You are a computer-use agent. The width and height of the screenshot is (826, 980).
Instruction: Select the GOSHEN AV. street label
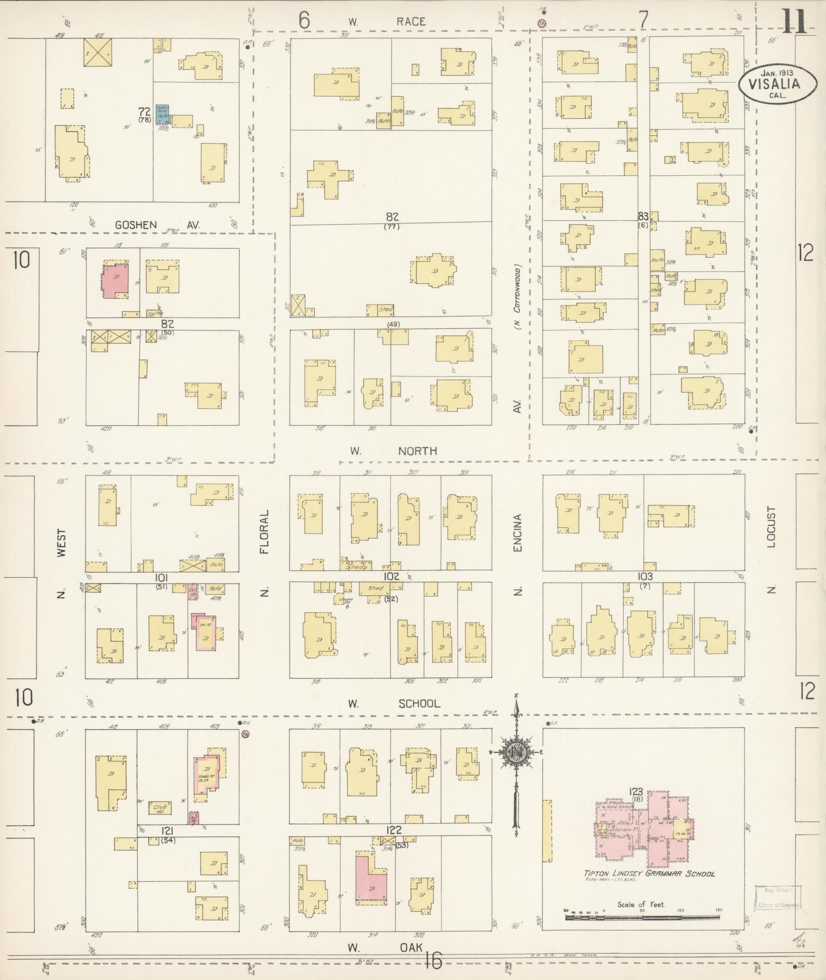click(x=157, y=224)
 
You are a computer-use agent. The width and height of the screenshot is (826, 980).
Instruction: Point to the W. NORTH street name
click(x=393, y=451)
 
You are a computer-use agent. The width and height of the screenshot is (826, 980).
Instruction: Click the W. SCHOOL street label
click(x=394, y=703)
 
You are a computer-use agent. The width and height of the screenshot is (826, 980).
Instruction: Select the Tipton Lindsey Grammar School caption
click(x=649, y=873)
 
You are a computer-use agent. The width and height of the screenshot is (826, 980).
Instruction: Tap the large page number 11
click(x=793, y=20)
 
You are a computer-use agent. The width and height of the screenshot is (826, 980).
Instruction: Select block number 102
click(x=392, y=576)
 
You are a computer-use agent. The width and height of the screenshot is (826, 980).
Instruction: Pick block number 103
click(x=645, y=576)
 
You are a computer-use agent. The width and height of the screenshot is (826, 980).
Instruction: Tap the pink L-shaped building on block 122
click(x=371, y=876)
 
